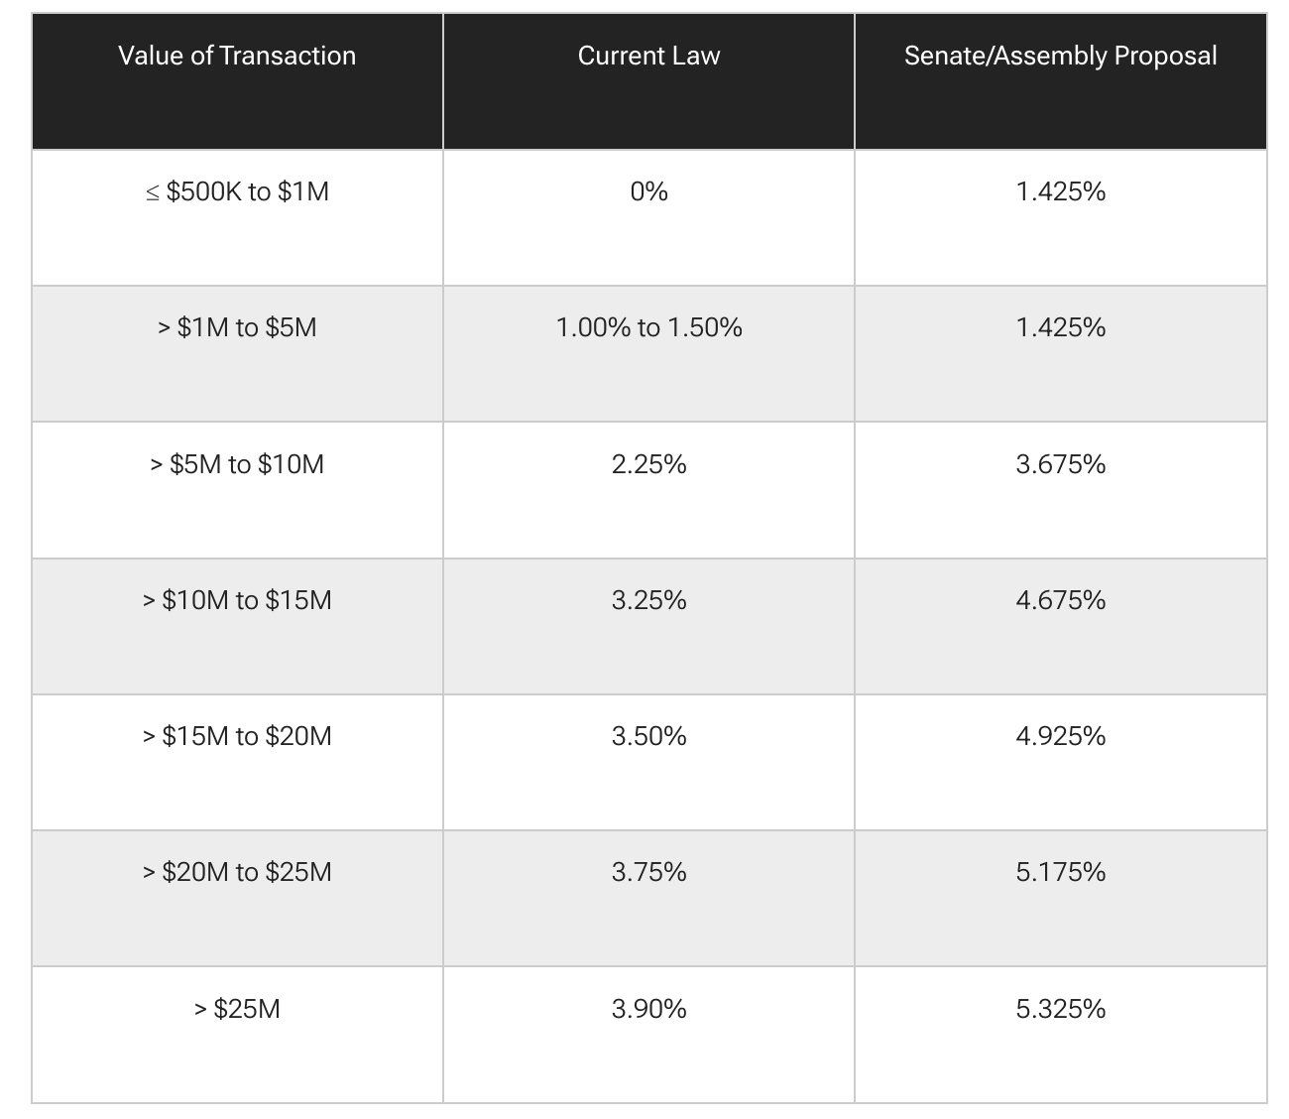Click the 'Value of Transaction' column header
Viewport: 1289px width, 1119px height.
[237, 56]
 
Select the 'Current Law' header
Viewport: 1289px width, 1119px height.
[648, 56]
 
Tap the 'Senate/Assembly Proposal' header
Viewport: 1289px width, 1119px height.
[1060, 56]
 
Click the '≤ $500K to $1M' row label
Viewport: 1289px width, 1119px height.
[237, 191]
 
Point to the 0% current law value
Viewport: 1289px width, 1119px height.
[648, 191]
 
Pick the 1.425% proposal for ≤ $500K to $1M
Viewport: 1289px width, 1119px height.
[1060, 191]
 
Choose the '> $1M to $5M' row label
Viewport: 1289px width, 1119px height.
[237, 327]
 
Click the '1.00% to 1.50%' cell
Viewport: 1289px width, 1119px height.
[648, 327]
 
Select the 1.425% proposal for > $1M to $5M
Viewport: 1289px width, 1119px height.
[1060, 327]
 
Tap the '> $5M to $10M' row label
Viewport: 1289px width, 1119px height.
[237, 464]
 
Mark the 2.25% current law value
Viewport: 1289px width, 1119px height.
[648, 464]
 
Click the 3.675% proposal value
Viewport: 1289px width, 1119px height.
[1060, 464]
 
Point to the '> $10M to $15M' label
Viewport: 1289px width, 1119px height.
[237, 600]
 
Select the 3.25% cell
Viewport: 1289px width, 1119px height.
[648, 600]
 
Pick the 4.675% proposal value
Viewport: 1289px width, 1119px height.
[1060, 600]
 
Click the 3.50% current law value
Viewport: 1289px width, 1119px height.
[648, 736]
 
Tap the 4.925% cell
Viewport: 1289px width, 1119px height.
[1060, 736]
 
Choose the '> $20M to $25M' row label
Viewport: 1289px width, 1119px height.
[237, 872]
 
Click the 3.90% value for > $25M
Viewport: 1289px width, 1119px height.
[648, 1009]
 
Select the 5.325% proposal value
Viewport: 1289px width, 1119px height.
[1060, 1009]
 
